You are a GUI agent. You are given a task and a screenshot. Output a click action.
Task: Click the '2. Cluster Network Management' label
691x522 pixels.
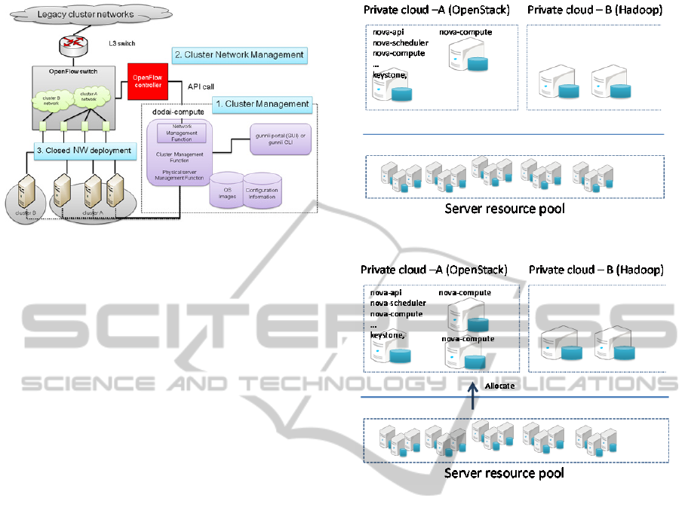tap(239, 55)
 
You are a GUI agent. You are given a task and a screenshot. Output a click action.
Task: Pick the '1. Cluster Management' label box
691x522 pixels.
tap(262, 104)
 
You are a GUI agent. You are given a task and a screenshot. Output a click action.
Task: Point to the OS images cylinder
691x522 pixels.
tap(226, 188)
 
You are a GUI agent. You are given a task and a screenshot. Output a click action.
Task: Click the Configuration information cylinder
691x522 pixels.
tap(262, 188)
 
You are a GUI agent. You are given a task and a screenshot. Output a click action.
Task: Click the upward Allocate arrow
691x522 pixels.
tap(472, 398)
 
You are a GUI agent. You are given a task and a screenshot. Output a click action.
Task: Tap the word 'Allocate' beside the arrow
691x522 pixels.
tap(499, 385)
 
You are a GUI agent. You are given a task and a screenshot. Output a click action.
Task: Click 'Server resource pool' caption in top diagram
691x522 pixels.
tap(505, 209)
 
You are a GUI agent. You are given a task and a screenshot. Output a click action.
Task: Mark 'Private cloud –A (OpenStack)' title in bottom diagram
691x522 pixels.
tap(435, 270)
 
